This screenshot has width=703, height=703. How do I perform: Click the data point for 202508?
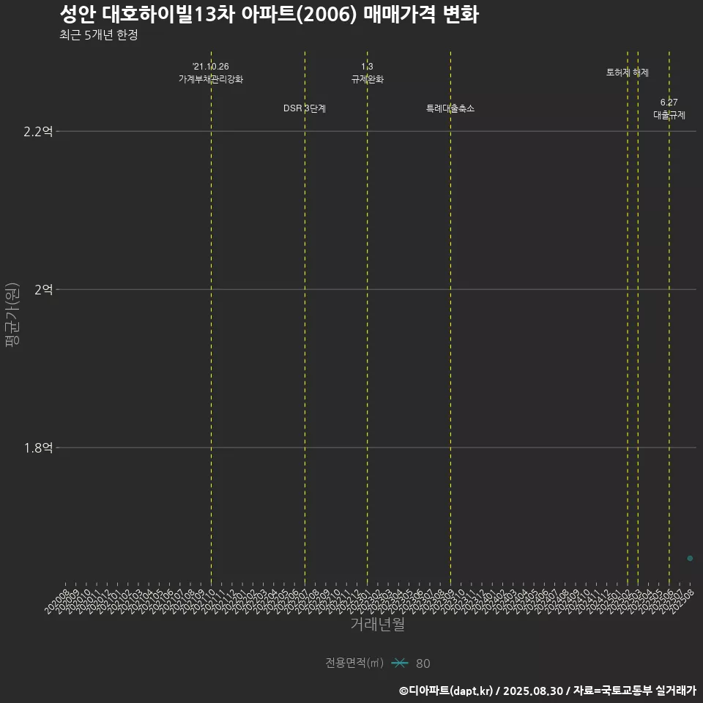point(690,559)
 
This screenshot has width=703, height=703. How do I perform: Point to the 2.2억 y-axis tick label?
point(38,132)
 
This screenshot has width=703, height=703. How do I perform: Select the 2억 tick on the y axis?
point(43,290)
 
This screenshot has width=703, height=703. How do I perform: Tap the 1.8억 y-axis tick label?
point(38,448)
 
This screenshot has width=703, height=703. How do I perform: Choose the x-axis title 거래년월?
point(377,625)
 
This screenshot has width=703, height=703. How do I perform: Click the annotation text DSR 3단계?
point(305,108)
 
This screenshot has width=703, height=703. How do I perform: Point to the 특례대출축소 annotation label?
point(450,108)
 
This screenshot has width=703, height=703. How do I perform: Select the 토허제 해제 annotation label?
point(628,72)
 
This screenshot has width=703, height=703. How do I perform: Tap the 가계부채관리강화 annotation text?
point(211,79)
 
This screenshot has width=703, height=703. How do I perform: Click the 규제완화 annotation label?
point(367,79)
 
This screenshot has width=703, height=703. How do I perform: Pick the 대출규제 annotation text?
point(669,115)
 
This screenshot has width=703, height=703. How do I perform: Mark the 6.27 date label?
point(669,103)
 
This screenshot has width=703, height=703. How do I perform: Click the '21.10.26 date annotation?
point(211,67)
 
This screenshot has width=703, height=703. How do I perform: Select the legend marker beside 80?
point(399,663)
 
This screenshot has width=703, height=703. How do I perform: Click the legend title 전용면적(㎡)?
point(354,663)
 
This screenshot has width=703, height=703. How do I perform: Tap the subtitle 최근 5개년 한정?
point(99,35)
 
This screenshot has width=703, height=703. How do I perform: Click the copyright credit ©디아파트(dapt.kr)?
point(447,691)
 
